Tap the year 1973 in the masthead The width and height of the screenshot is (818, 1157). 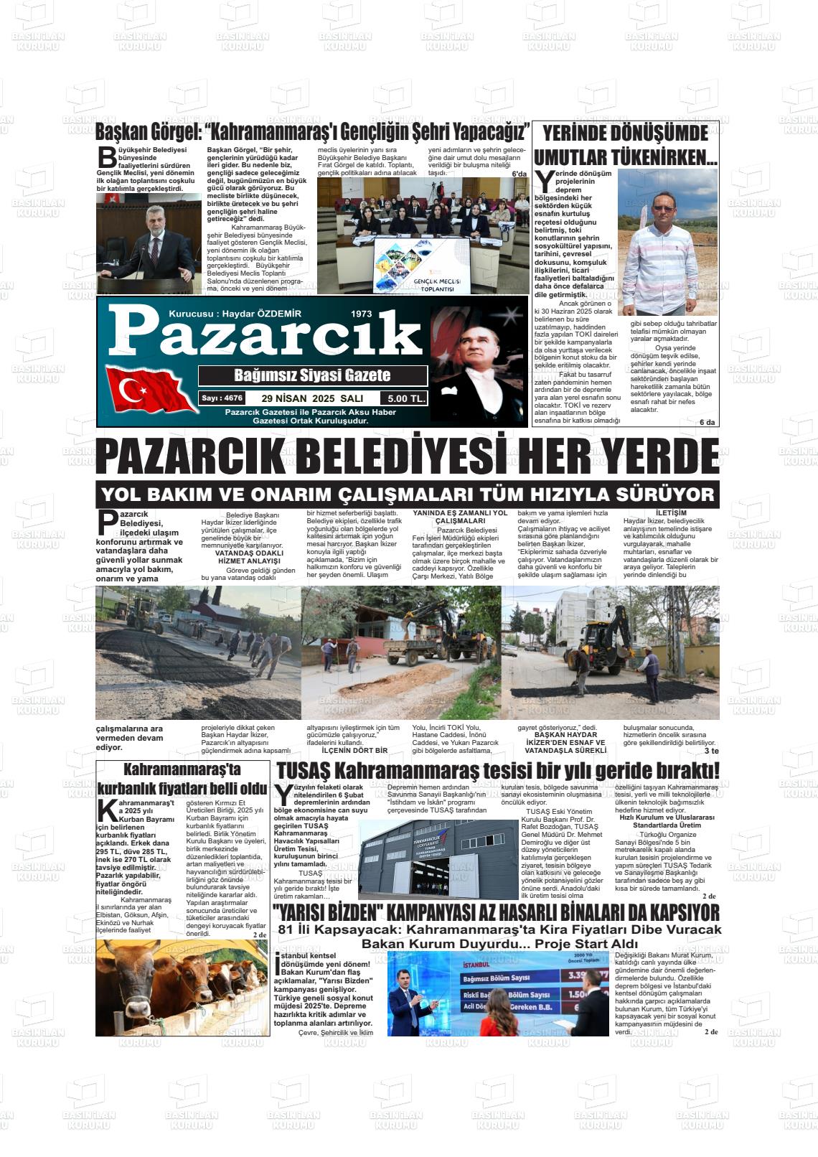[x=362, y=314]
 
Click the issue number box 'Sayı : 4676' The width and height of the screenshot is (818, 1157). [x=222, y=398]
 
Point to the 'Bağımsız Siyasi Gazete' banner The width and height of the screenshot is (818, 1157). [x=312, y=375]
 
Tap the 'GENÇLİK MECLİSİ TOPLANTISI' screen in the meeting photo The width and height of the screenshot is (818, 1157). [x=421, y=266]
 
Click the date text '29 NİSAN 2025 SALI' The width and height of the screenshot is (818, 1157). [x=313, y=398]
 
